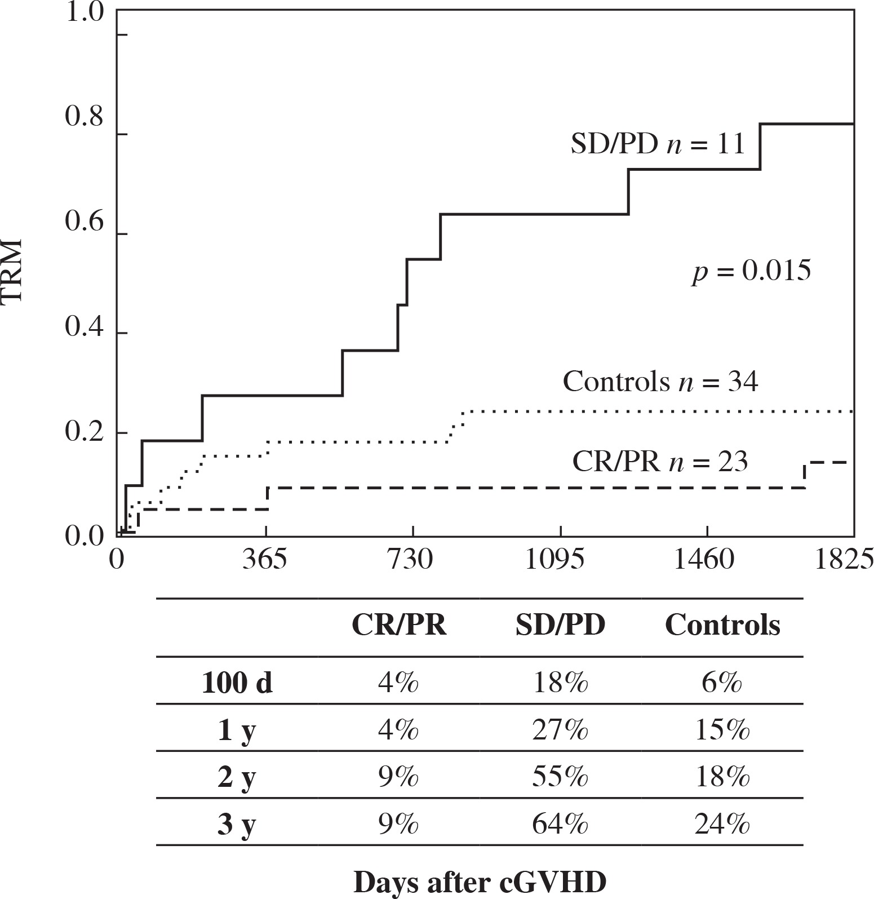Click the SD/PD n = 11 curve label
tap(658, 144)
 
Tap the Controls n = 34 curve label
tap(660, 382)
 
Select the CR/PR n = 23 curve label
tap(660, 462)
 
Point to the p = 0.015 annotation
tap(752, 272)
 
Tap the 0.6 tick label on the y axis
tap(85, 223)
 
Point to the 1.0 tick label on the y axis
tap(85, 12)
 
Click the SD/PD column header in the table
tap(560, 626)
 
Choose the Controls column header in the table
tap(722, 626)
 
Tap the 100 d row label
tap(237, 684)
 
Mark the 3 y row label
tap(237, 826)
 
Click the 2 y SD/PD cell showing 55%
tap(560, 778)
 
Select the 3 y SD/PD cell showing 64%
tap(560, 826)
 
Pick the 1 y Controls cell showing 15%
tap(722, 731)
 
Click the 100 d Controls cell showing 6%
tap(722, 684)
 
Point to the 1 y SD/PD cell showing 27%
tap(560, 731)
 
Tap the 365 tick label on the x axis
tap(265, 561)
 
